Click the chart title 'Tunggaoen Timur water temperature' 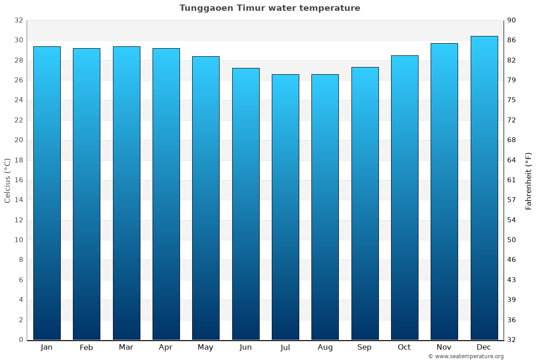pos(270,8)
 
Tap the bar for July pos(285,207)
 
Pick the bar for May pos(206,198)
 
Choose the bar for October pos(405,198)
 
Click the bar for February pos(86,194)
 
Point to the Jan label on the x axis pos(46,347)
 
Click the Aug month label pos(325,347)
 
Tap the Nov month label pos(444,347)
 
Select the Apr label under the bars pos(166,347)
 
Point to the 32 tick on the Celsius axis pos(18,20)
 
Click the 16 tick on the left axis pos(18,180)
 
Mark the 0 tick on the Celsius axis pos(21,340)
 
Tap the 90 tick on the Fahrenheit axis pos(512,20)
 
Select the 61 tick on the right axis pos(512,180)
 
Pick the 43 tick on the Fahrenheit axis pos(512,280)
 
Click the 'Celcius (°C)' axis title pos(8,180)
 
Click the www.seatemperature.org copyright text pos(465,356)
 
